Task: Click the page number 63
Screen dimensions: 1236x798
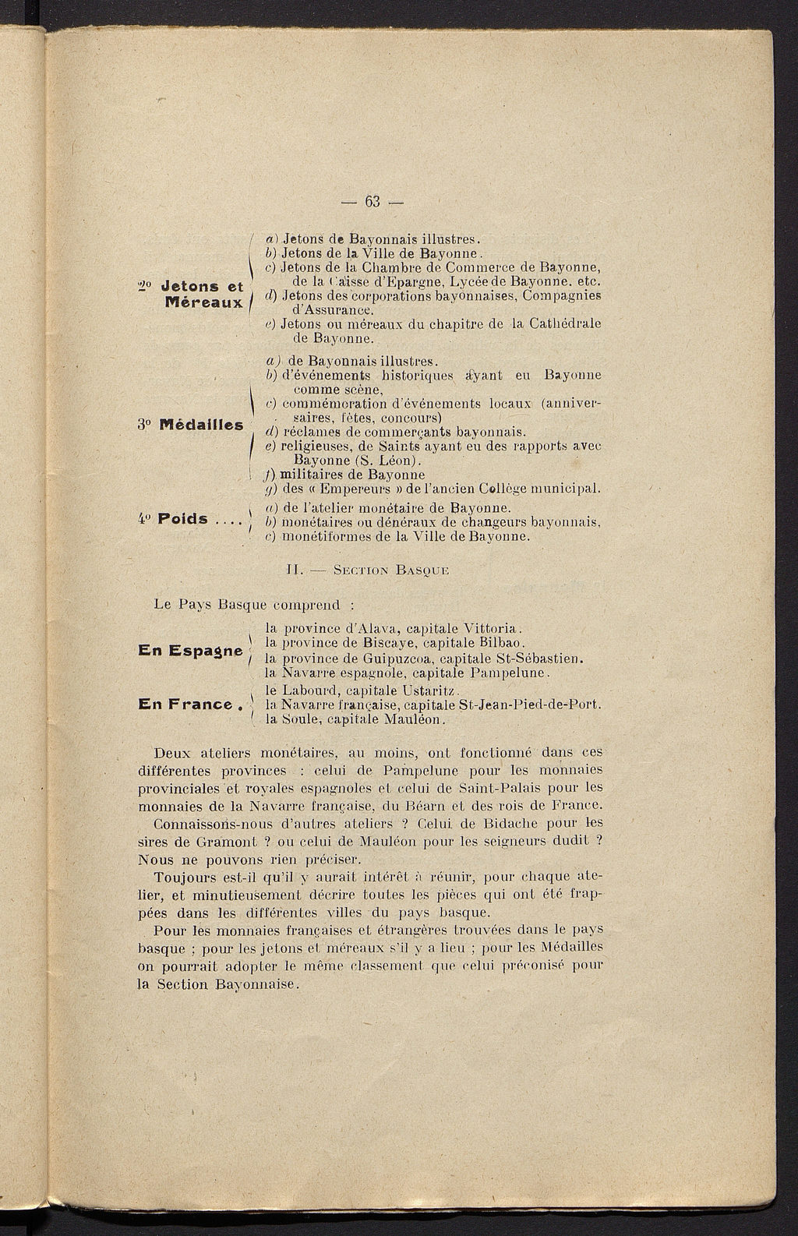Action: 372,202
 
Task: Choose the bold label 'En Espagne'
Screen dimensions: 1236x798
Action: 190,651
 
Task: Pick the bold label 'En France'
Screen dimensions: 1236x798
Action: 185,705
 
